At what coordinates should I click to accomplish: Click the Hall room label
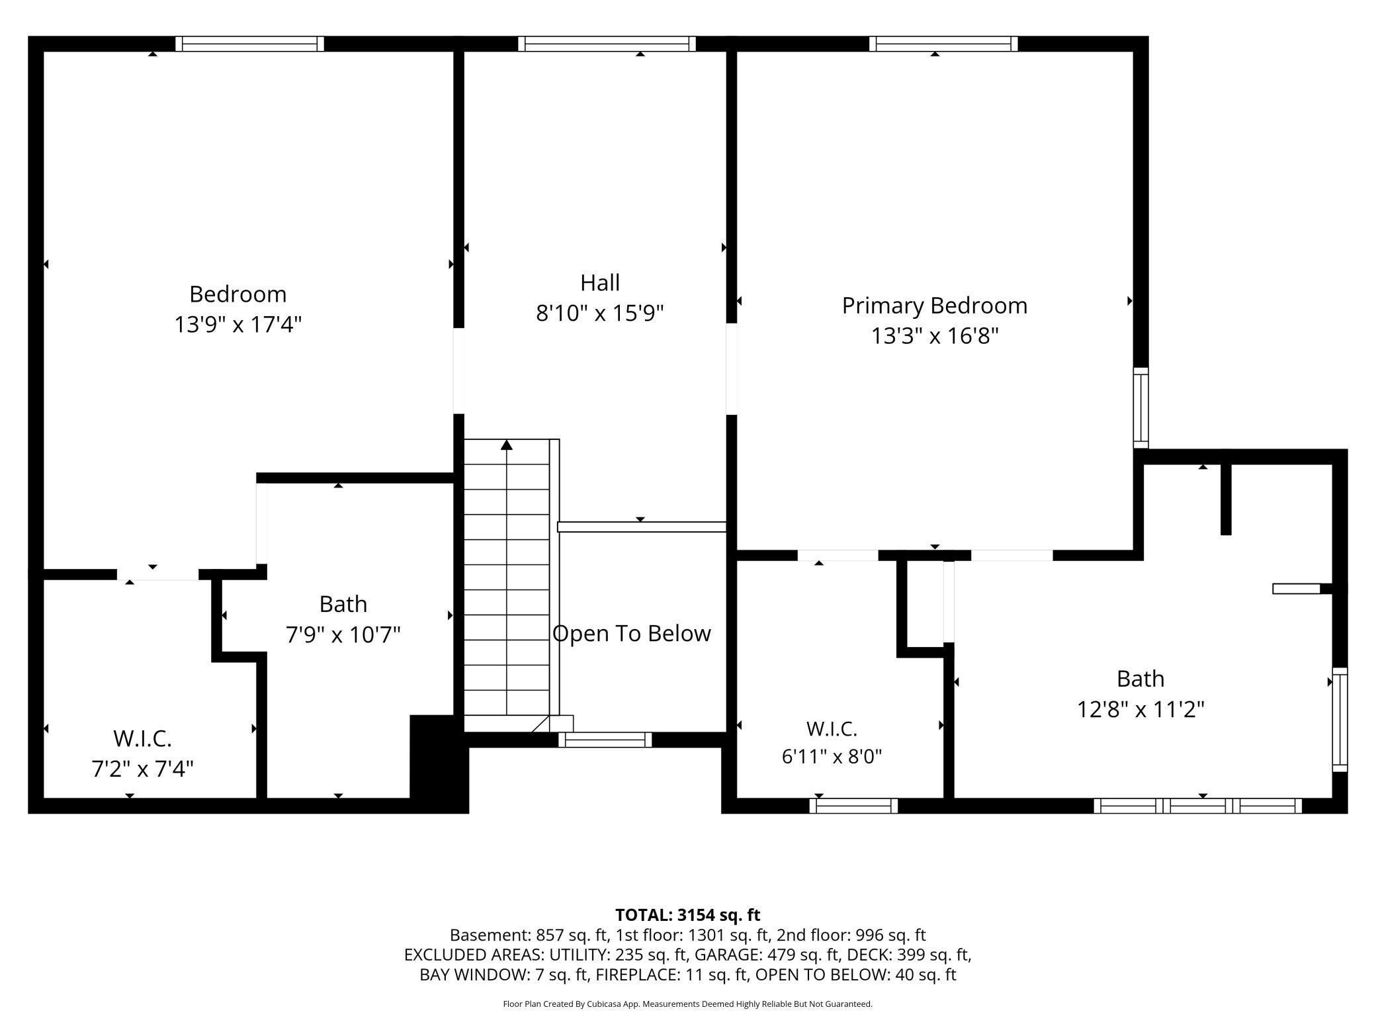pyautogui.click(x=600, y=283)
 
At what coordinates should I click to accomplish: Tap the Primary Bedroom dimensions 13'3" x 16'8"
pyautogui.click(x=934, y=336)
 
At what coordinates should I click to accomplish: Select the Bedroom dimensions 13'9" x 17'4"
pyautogui.click(x=238, y=325)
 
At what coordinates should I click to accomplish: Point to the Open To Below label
pyautogui.click(x=632, y=634)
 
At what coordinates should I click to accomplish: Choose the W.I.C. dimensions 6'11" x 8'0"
pyautogui.click(x=832, y=756)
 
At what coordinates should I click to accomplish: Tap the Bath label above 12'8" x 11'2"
pyautogui.click(x=1140, y=679)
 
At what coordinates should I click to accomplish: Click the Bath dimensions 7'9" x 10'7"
pyautogui.click(x=343, y=635)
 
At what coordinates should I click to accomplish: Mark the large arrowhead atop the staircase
pyautogui.click(x=507, y=445)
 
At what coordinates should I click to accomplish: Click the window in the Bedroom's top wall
pyautogui.click(x=249, y=44)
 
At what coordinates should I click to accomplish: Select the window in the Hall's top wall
pyautogui.click(x=607, y=44)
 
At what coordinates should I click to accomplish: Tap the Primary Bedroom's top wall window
pyautogui.click(x=943, y=44)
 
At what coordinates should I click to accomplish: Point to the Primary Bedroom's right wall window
pyautogui.click(x=1141, y=408)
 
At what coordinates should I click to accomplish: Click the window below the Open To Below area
pyautogui.click(x=605, y=740)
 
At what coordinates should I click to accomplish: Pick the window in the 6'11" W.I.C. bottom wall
pyautogui.click(x=853, y=806)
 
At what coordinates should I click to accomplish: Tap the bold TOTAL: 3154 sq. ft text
pyautogui.click(x=688, y=915)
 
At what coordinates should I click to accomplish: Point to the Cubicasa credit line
pyautogui.click(x=688, y=1004)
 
